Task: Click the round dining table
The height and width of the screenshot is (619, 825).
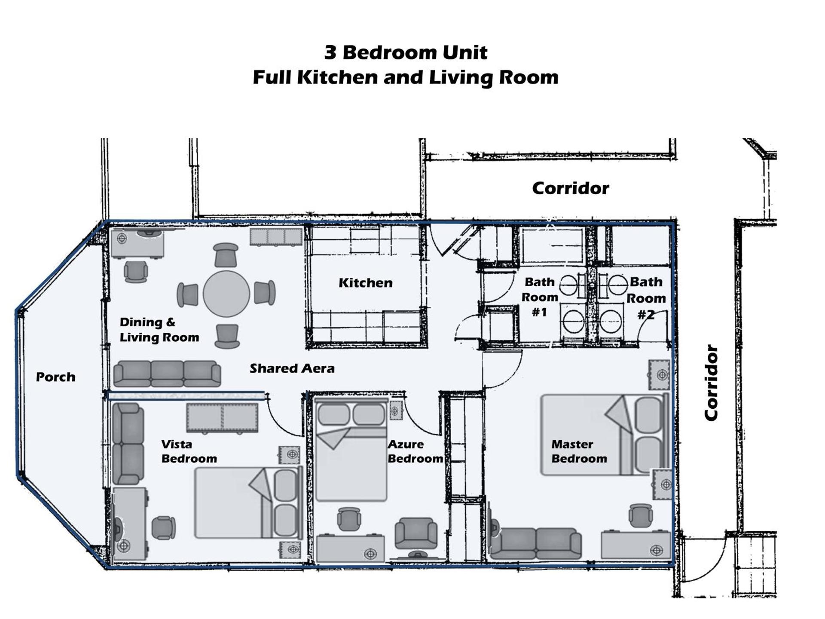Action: click(x=226, y=294)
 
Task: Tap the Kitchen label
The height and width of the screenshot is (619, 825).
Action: click(x=366, y=283)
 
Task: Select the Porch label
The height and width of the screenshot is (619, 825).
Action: click(x=55, y=377)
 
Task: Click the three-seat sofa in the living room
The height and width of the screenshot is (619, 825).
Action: click(x=167, y=374)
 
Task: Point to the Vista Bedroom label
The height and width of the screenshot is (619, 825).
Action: click(x=189, y=451)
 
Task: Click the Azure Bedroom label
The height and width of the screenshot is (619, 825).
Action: click(x=415, y=451)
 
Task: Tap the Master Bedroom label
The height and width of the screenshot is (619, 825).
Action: click(x=579, y=451)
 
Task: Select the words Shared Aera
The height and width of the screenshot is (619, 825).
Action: click(x=292, y=368)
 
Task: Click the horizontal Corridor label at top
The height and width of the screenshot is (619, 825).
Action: click(x=571, y=188)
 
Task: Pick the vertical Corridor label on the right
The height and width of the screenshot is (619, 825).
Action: click(x=712, y=383)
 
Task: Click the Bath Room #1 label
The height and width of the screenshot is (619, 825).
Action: click(x=540, y=297)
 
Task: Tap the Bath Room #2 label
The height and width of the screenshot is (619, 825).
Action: click(x=646, y=298)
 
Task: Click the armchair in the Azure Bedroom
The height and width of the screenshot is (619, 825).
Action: click(x=416, y=533)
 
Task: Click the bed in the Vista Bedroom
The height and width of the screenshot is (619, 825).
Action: click(x=248, y=503)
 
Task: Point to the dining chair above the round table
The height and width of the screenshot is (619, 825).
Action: click(x=226, y=255)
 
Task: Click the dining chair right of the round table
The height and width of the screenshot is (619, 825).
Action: click(x=264, y=293)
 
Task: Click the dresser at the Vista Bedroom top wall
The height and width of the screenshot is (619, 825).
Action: click(x=222, y=417)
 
